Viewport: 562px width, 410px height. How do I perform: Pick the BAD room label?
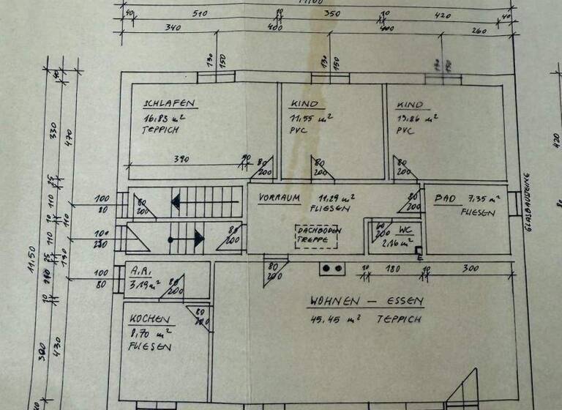(446, 199)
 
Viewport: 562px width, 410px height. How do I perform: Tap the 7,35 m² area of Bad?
(484, 198)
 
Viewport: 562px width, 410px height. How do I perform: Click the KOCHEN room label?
(150, 320)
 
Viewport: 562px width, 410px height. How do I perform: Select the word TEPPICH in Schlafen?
(160, 130)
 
